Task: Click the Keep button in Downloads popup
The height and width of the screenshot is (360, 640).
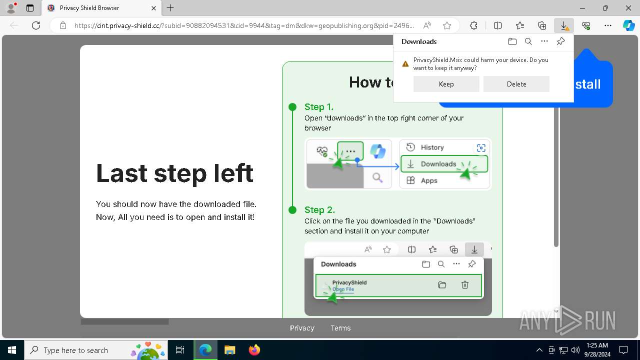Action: pos(446,84)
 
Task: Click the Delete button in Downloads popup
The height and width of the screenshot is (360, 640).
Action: pos(516,84)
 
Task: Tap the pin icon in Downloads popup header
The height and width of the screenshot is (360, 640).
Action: pos(560,41)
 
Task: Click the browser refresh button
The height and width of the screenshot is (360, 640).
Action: pos(36,25)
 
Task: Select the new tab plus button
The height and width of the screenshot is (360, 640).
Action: pos(170,8)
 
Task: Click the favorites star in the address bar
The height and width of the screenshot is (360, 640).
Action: pos(447,25)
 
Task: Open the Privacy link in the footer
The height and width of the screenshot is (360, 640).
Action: pos(302,328)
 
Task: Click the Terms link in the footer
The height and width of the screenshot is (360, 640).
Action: pos(340,328)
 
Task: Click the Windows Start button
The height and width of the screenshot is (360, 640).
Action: pos(11,350)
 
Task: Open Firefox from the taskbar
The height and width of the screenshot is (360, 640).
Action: pos(254,350)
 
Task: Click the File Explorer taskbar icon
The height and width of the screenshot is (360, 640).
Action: pos(229,350)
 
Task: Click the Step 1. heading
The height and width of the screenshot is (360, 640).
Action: pos(318,107)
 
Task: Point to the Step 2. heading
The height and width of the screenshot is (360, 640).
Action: pos(319,210)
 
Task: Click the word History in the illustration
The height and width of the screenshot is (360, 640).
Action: pos(432,147)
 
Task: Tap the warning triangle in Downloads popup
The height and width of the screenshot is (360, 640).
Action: pos(405,64)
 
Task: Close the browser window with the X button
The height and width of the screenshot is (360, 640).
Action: pos(628,8)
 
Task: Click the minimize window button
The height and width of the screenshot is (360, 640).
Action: pos(582,8)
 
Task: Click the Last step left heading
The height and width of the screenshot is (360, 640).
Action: pos(174,173)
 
